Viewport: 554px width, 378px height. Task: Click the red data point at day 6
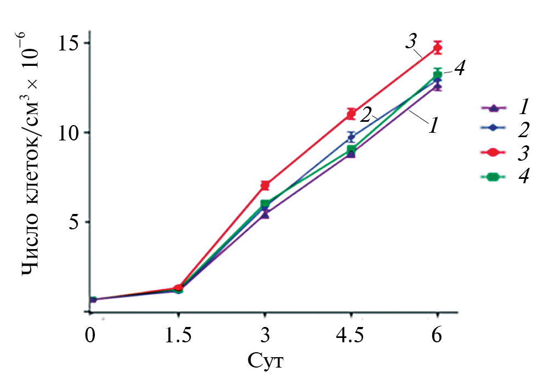pyautogui.click(x=437, y=48)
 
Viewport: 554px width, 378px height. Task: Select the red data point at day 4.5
pyautogui.click(x=351, y=114)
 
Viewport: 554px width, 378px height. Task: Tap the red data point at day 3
pyautogui.click(x=265, y=185)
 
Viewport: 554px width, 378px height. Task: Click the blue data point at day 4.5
pyautogui.click(x=351, y=137)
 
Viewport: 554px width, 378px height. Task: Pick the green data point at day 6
pyautogui.click(x=437, y=75)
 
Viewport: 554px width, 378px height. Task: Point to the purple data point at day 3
pyautogui.click(x=265, y=214)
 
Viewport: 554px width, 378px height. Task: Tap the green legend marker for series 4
pyautogui.click(x=492, y=177)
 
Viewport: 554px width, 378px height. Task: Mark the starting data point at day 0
pyautogui.click(x=93, y=300)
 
